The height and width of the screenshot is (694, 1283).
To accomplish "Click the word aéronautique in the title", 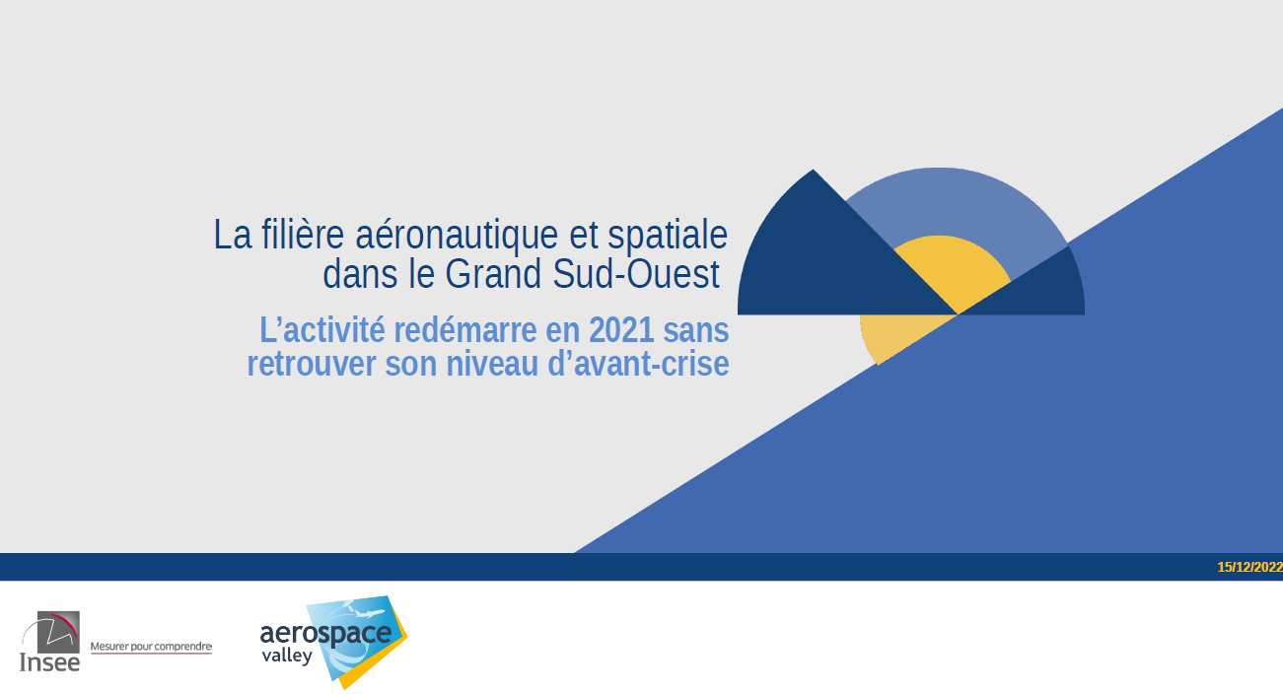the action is click(x=457, y=236).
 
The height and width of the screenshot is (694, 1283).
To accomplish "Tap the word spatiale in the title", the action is click(x=668, y=236).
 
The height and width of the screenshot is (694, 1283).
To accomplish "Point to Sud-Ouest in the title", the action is click(x=636, y=274).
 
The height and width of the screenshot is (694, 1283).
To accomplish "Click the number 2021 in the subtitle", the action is click(x=621, y=330).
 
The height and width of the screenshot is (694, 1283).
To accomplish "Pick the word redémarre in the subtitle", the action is click(x=465, y=330).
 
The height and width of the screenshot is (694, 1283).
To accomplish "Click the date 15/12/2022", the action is click(x=1249, y=567).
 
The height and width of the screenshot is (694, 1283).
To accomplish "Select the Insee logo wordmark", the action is click(x=50, y=662).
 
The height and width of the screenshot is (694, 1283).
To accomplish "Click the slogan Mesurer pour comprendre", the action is click(x=151, y=647).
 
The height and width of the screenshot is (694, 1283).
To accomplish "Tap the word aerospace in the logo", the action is click(x=325, y=633).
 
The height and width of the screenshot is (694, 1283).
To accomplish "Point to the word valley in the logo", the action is click(x=287, y=657).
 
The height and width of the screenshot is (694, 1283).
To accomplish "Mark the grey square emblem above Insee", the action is click(x=58, y=632).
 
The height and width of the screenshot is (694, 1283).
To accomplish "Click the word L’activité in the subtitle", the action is click(x=322, y=330).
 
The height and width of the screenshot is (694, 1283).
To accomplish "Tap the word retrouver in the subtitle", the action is click(x=311, y=364).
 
